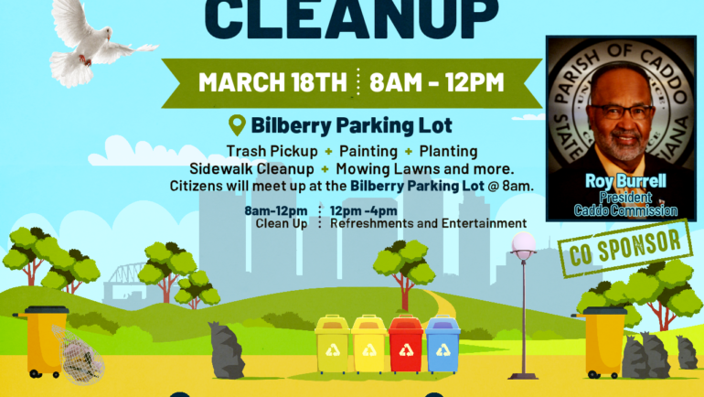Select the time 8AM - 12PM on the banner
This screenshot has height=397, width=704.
(x=437, y=81)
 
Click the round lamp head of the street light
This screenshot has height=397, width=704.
(x=523, y=243)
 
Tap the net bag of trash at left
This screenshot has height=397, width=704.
(x=80, y=355)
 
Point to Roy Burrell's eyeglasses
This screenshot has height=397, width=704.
(x=622, y=112)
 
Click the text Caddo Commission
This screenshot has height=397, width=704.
(x=625, y=211)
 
